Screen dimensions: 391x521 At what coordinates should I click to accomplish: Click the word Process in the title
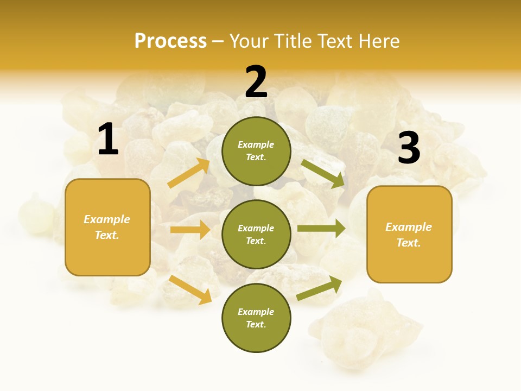(170, 41)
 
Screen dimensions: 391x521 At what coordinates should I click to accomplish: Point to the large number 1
(108, 140)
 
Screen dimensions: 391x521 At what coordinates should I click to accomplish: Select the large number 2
(256, 82)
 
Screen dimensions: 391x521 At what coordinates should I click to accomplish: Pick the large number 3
(409, 148)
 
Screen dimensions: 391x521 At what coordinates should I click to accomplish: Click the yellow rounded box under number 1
(107, 227)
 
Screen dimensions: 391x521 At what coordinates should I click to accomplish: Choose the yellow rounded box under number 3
(409, 234)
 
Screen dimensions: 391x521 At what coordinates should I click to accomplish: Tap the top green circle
(256, 151)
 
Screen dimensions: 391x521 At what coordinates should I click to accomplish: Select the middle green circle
(256, 234)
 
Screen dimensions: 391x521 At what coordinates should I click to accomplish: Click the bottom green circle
(256, 318)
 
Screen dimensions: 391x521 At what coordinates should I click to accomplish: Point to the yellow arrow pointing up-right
(189, 173)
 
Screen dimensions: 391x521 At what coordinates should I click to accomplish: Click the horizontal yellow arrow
(190, 230)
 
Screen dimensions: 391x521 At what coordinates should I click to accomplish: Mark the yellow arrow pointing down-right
(190, 289)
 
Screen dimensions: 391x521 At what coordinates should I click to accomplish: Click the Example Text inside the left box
(107, 227)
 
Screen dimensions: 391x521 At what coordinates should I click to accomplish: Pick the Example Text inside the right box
(409, 235)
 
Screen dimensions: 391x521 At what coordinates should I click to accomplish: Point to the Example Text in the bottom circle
(256, 318)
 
